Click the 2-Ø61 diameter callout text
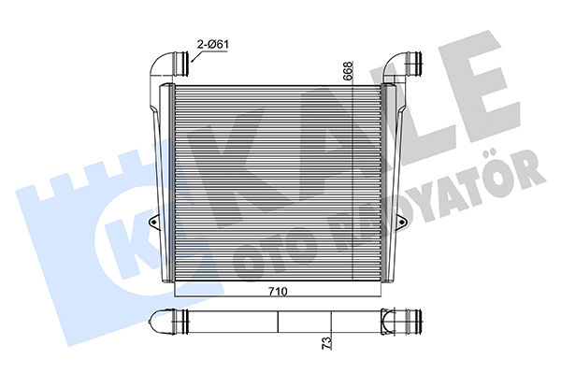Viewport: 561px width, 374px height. point(213,44)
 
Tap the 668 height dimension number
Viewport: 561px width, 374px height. point(348,70)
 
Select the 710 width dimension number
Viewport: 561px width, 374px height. point(278,292)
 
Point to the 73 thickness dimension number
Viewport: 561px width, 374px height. point(326,342)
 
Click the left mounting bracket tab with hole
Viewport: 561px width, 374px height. point(153,223)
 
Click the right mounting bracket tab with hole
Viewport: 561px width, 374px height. point(403,223)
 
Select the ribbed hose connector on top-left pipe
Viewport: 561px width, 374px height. point(181,64)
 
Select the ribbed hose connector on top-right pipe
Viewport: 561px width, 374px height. point(415,64)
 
